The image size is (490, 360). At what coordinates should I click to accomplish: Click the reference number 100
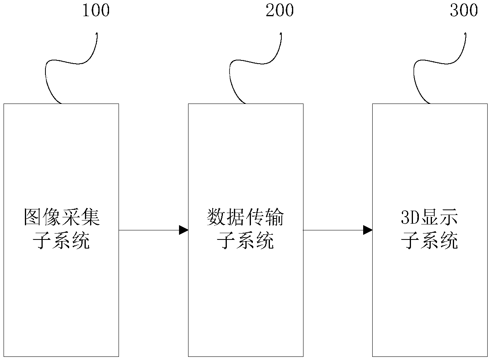(95, 11)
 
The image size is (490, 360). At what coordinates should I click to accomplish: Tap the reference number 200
(279, 11)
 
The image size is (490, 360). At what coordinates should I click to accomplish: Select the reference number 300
(464, 11)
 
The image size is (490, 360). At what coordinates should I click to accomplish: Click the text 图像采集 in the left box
(62, 218)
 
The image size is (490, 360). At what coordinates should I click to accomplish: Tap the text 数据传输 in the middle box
(245, 218)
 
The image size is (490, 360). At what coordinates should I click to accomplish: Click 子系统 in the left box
(62, 241)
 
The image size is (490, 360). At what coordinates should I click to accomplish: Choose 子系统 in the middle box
(245, 241)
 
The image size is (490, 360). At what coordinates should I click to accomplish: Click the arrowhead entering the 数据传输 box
(183, 230)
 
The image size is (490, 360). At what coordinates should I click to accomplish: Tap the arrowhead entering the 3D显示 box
(367, 230)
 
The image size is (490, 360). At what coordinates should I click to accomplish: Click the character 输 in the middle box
(274, 218)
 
